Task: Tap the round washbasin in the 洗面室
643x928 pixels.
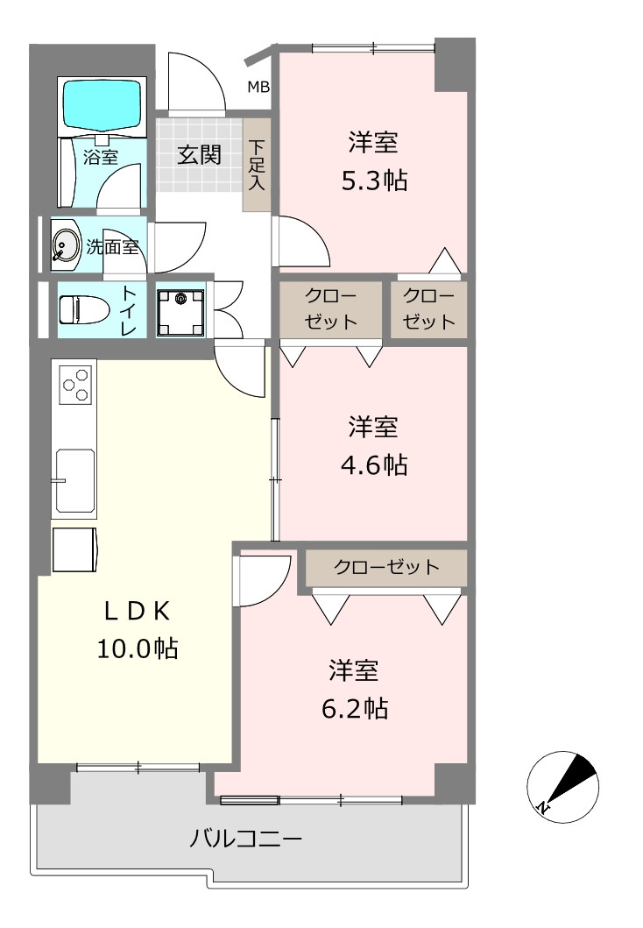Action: click(66, 244)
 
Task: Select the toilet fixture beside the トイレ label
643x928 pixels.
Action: click(83, 309)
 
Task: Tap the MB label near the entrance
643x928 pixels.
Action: click(258, 87)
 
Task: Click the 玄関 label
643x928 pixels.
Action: click(200, 155)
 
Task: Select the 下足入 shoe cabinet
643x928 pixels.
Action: click(257, 165)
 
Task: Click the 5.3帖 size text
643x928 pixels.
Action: click(374, 180)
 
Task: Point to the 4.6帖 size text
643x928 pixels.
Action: click(374, 464)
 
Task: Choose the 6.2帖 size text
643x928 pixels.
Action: click(355, 708)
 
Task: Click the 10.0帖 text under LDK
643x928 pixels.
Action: click(138, 648)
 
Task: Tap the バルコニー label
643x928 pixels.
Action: click(245, 839)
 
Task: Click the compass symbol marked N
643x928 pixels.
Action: click(562, 787)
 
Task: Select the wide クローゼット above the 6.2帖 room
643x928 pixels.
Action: click(386, 568)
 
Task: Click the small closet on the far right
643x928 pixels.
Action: click(429, 309)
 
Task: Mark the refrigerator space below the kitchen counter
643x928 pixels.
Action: click(75, 549)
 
